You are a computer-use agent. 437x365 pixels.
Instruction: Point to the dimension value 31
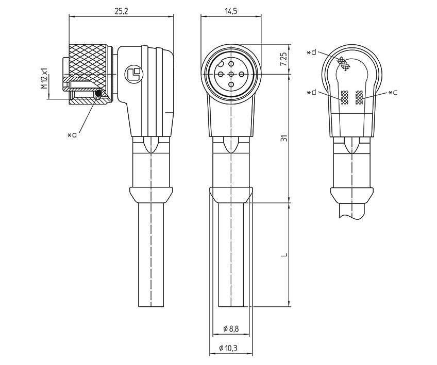pyautogui.click(x=283, y=138)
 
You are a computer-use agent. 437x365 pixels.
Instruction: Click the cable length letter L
pyautogui.click(x=283, y=255)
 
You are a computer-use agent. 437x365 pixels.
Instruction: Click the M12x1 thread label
pyautogui.click(x=44, y=77)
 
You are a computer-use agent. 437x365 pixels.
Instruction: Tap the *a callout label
pyautogui.click(x=72, y=134)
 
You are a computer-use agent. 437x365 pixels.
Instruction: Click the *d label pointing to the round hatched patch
pyautogui.click(x=311, y=53)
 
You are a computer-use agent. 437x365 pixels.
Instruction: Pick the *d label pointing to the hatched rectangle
pyautogui.click(x=311, y=93)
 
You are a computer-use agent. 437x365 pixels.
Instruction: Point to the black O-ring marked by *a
pyautogui.click(x=98, y=94)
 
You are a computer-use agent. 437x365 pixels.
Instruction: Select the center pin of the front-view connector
pyautogui.click(x=230, y=75)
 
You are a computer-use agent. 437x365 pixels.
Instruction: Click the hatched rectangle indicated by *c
pyautogui.click(x=359, y=97)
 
